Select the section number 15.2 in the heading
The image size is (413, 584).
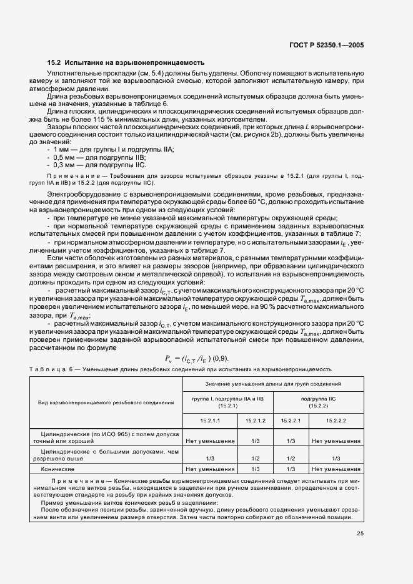pyautogui.click(x=54, y=64)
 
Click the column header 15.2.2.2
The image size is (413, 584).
pyautogui.click(x=336, y=422)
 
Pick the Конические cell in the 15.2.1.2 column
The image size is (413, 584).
pyautogui.click(x=255, y=468)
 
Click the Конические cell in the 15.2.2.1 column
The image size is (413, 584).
pyautogui.click(x=290, y=468)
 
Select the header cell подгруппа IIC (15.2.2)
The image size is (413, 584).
pyautogui.click(x=318, y=402)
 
